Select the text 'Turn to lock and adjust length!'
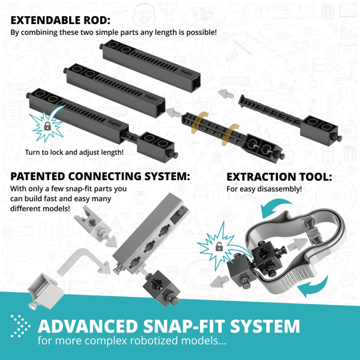[x=74, y=152]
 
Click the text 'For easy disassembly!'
[x=264, y=190]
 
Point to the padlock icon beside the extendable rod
[x=46, y=127]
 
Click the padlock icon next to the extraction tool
[x=219, y=247]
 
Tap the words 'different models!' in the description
[x=40, y=209]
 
